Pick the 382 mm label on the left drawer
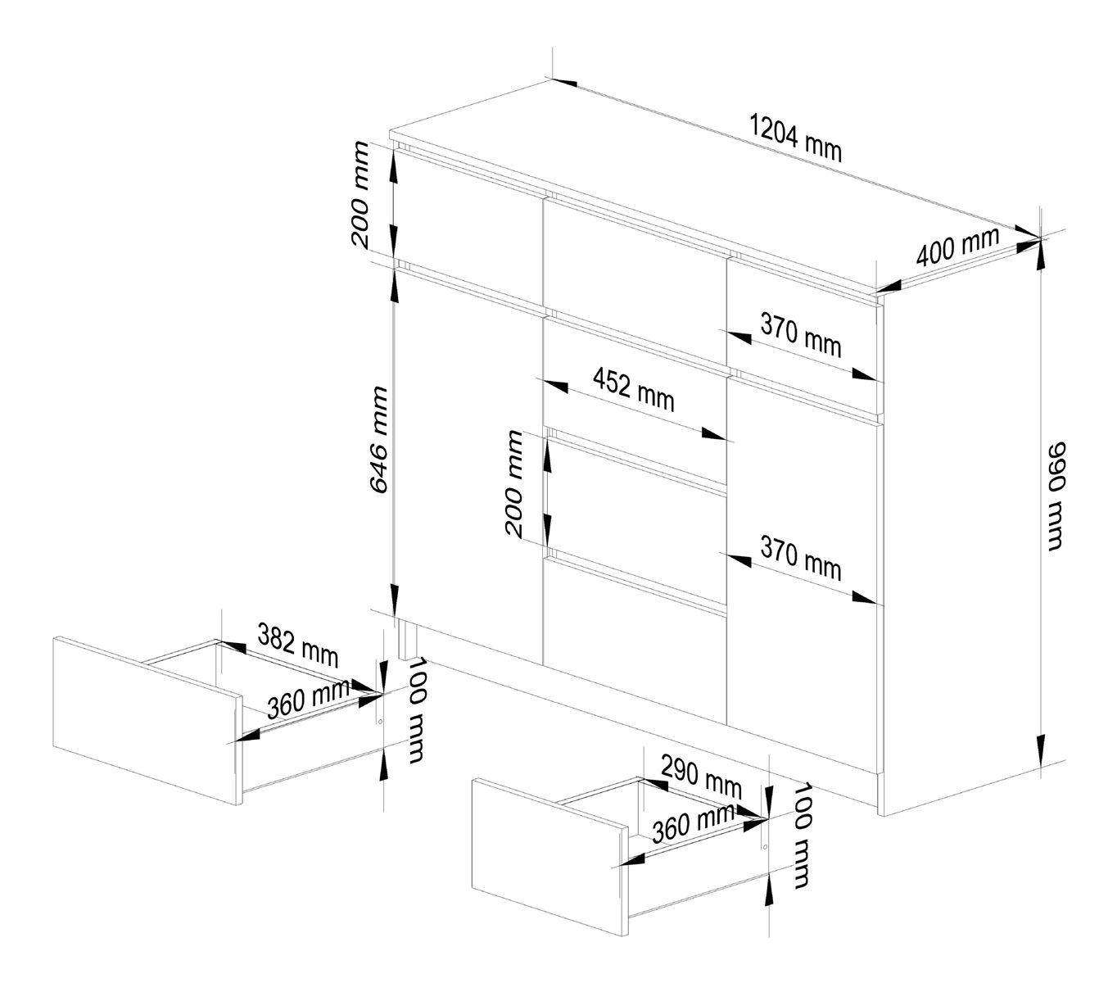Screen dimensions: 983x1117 pyautogui.click(x=297, y=643)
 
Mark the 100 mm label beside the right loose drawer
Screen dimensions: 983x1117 pyautogui.click(x=801, y=836)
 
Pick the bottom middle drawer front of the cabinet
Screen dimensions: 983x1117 pyautogui.click(x=635, y=639)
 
